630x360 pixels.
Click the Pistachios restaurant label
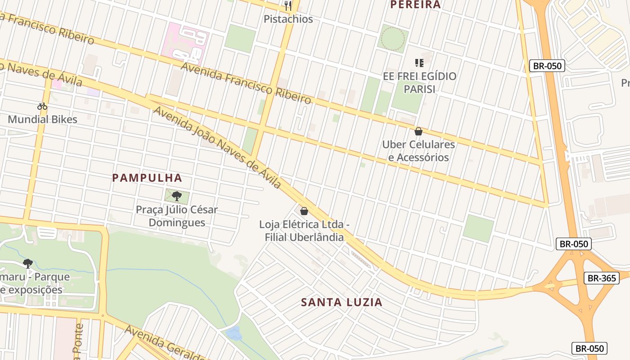(288, 19)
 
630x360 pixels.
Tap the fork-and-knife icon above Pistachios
(288, 6)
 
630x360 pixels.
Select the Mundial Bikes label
(43, 119)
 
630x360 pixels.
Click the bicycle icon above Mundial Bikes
(42, 107)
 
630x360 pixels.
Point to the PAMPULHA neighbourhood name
(147, 178)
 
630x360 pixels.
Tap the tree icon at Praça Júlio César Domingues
(177, 196)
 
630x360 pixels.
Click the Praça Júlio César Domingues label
(177, 216)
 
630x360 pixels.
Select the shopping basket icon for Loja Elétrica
(304, 211)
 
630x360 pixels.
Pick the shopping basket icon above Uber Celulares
(418, 131)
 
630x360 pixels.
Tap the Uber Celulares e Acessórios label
(418, 151)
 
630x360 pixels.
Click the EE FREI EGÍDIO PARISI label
(419, 82)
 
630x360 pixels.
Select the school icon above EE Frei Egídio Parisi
(419, 63)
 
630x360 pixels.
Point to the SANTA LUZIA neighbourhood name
(342, 302)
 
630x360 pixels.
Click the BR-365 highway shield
(602, 278)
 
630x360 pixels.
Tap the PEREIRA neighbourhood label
(415, 5)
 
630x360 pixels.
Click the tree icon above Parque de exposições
(28, 263)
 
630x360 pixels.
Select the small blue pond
(234, 333)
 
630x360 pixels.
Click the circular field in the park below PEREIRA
(393, 38)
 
